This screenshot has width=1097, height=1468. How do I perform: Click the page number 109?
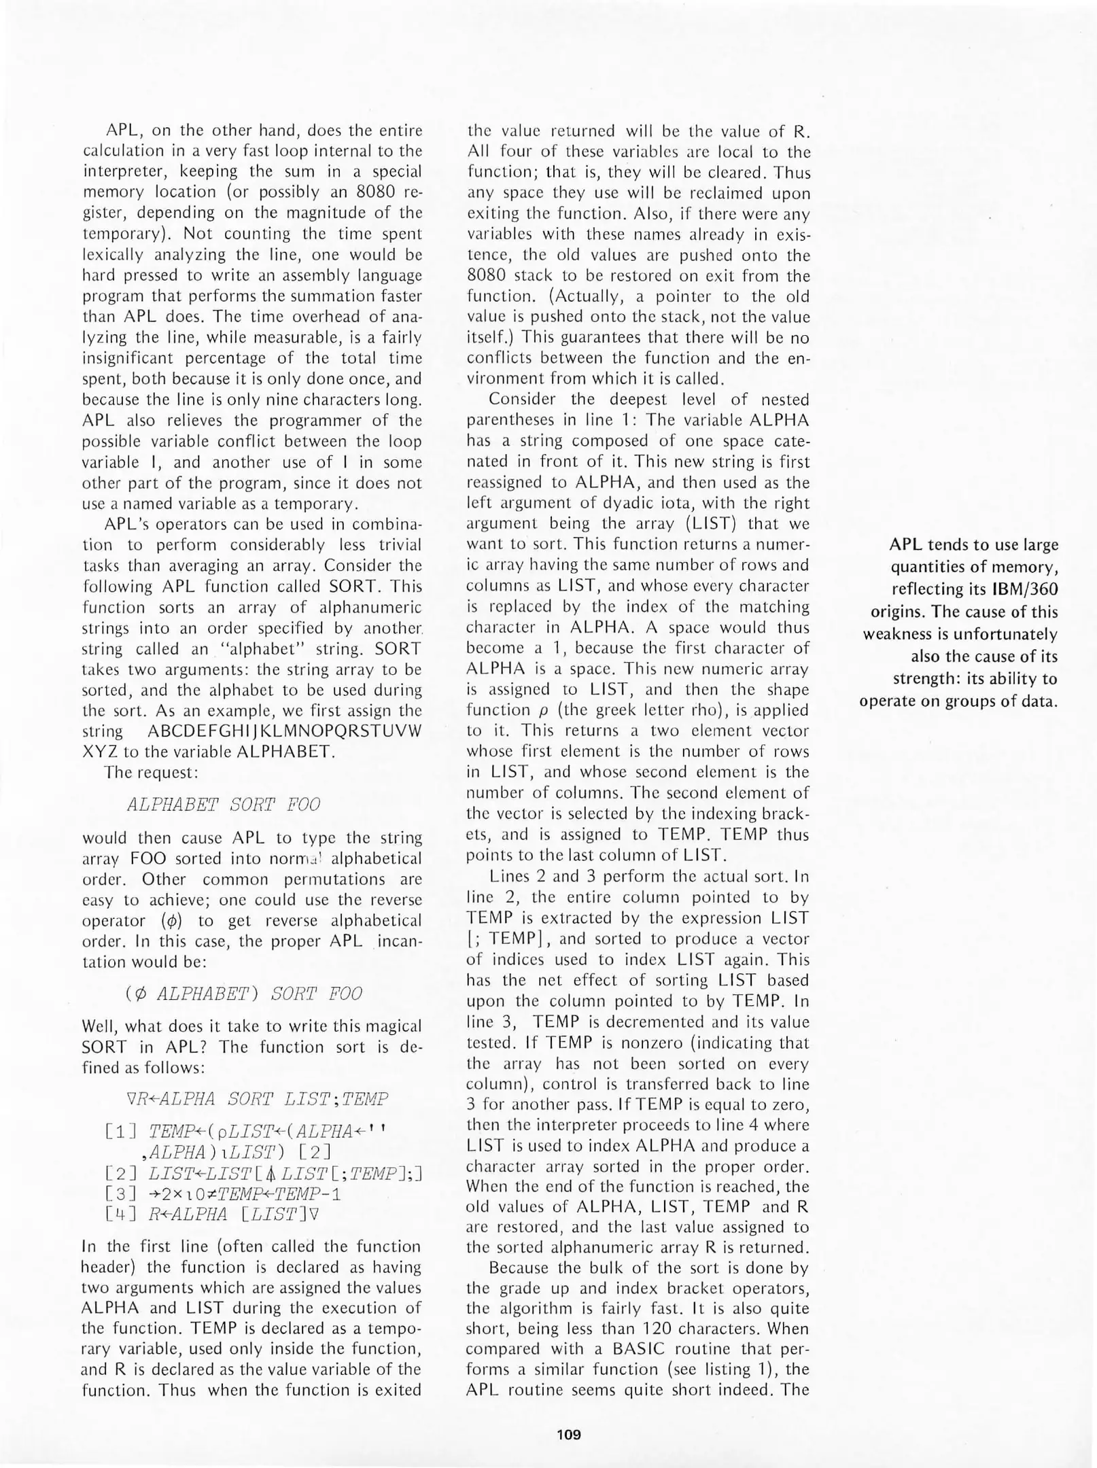568,1435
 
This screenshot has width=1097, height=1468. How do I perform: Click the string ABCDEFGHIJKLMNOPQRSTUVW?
284,731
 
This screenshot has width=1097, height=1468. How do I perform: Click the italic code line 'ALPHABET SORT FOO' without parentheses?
223,805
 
